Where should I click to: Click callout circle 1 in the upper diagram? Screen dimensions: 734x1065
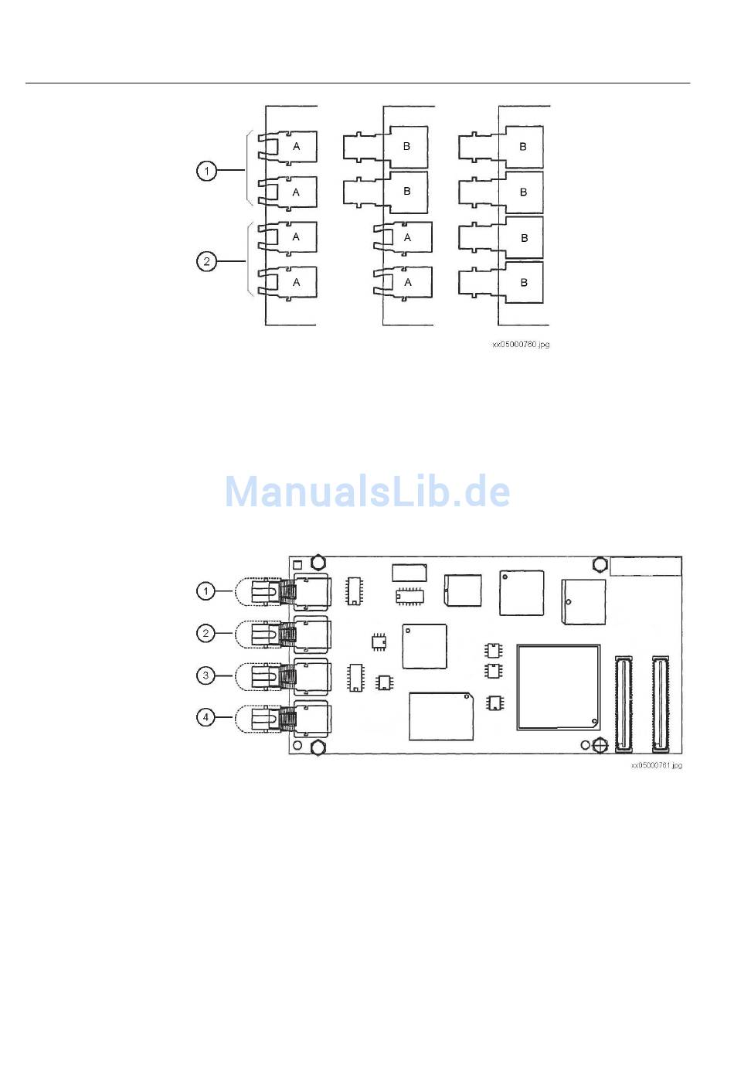206,170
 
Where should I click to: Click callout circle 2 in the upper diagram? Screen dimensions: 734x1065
206,261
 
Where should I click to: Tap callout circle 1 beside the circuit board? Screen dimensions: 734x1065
206,591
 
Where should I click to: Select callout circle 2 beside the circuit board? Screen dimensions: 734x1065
206,634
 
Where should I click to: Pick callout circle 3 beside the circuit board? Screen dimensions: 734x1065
206,675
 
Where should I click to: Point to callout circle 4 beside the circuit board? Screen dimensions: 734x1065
206,717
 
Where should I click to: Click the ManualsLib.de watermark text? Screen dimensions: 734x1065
367,492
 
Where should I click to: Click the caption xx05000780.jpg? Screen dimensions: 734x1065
521,345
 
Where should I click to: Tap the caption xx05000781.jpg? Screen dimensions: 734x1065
656,765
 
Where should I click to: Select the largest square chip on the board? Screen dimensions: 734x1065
558,687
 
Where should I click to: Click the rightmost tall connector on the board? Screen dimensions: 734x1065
660,704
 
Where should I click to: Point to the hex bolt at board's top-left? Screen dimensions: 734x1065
317,561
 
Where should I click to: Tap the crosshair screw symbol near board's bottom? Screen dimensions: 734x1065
600,746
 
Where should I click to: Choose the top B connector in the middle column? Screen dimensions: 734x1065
407,146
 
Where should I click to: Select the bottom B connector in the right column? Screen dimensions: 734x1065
523,282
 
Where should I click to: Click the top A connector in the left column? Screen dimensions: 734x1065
295,146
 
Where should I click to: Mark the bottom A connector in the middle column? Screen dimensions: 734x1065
407,282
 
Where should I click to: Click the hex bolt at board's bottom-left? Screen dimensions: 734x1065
317,748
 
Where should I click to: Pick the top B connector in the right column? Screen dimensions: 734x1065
523,146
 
